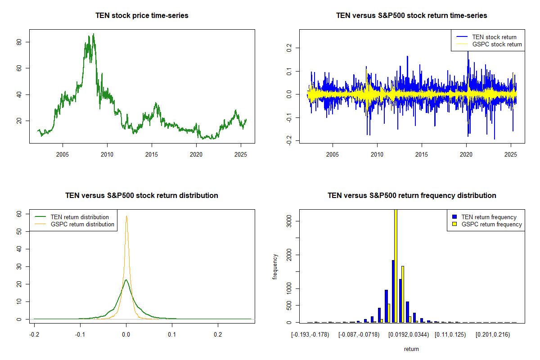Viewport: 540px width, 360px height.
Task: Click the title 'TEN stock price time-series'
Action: [142, 15]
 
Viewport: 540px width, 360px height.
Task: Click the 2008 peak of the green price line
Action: [93, 34]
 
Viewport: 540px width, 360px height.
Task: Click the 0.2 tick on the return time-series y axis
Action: [288, 47]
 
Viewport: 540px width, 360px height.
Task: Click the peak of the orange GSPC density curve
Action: [126, 216]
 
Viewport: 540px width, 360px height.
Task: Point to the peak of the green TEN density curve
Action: [126, 280]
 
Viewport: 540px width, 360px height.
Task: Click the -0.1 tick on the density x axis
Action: [80, 335]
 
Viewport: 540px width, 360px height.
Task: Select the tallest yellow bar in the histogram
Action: [396, 265]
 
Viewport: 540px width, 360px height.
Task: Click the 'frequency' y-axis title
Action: [275, 267]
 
